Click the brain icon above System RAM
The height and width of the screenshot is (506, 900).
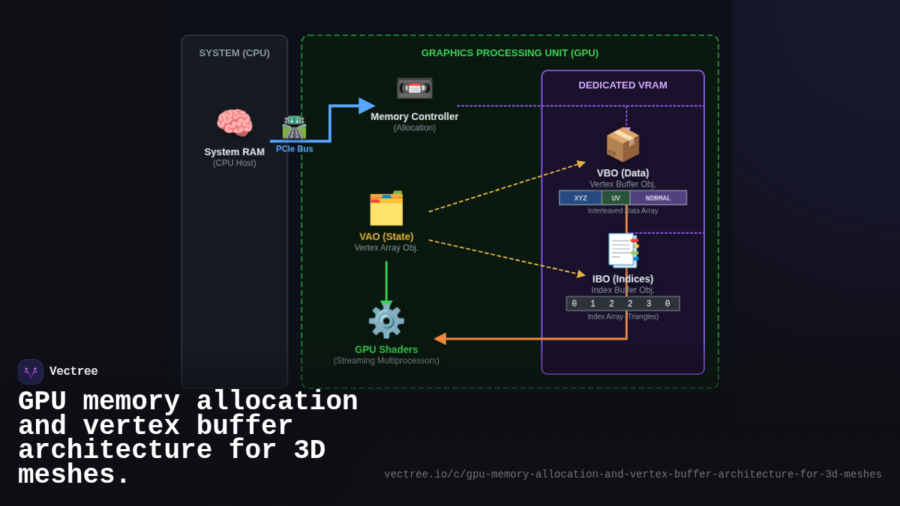pyautogui.click(x=234, y=123)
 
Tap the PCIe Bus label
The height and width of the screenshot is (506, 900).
pyautogui.click(x=294, y=149)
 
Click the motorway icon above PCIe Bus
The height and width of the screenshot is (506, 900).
pyautogui.click(x=294, y=127)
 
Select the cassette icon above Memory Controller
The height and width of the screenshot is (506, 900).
pyautogui.click(x=414, y=88)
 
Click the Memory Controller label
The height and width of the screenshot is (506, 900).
pyautogui.click(x=414, y=116)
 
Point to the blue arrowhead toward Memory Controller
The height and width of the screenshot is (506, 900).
pyautogui.click(x=367, y=106)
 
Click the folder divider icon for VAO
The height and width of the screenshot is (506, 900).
pyautogui.click(x=386, y=208)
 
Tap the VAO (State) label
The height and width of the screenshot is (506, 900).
pyautogui.click(x=386, y=236)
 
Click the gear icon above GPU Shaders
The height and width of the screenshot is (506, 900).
pyautogui.click(x=386, y=321)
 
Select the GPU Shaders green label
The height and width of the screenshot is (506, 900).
pyautogui.click(x=386, y=349)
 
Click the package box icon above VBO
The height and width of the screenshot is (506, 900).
pyautogui.click(x=622, y=144)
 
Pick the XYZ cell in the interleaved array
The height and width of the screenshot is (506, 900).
pyautogui.click(x=580, y=198)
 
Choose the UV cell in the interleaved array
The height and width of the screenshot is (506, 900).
pyautogui.click(x=616, y=198)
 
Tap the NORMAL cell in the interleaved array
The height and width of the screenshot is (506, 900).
pyautogui.click(x=658, y=198)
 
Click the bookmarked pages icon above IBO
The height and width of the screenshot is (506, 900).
pyautogui.click(x=622, y=250)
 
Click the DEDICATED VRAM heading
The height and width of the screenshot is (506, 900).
pyautogui.click(x=622, y=85)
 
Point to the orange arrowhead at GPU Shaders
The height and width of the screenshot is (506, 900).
pyautogui.click(x=440, y=339)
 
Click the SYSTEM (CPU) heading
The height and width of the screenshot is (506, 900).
pyautogui.click(x=234, y=52)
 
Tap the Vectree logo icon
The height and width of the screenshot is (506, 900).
pyautogui.click(x=31, y=372)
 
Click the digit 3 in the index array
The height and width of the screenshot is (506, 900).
pyautogui.click(x=649, y=304)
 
